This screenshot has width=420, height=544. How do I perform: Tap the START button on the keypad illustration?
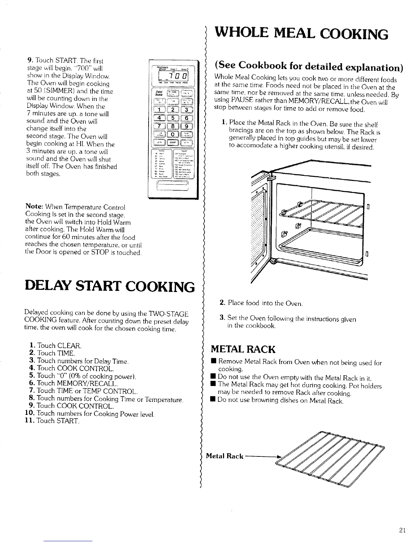pos(173,142)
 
